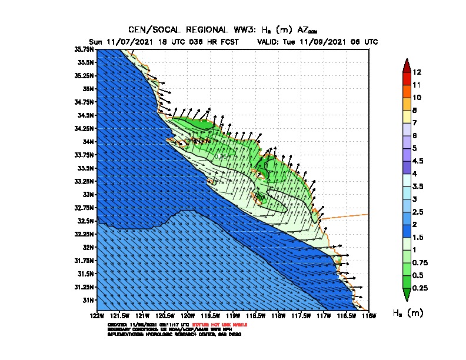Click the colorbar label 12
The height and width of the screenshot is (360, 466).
point(417,72)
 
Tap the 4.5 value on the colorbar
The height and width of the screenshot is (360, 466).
point(418,161)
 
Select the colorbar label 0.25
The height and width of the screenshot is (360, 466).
point(420,288)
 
